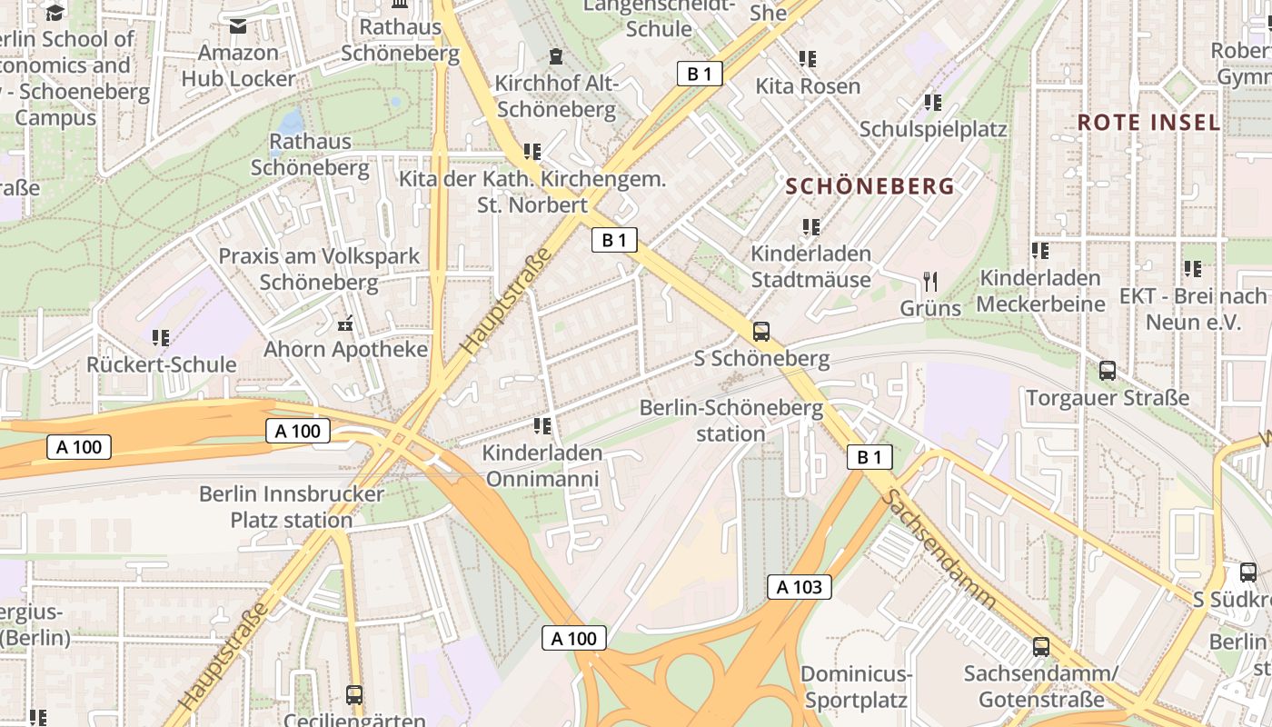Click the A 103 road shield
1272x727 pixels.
(x=800, y=587)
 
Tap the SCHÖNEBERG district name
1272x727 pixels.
(x=870, y=186)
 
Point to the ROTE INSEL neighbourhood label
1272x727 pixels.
(x=1148, y=123)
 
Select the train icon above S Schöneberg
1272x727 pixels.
(x=761, y=332)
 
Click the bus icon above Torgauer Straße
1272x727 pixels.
(x=1107, y=371)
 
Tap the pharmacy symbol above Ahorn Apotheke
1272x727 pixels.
(x=345, y=323)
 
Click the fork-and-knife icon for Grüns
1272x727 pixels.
(x=929, y=281)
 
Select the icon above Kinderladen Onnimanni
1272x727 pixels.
(x=542, y=425)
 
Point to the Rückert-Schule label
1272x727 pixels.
(x=161, y=364)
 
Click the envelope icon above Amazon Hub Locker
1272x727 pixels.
(x=238, y=26)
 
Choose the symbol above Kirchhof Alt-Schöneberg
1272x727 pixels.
(x=556, y=57)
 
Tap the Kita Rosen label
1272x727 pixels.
(x=808, y=86)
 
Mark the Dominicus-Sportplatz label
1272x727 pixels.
(x=856, y=687)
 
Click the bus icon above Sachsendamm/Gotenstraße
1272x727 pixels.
(x=1041, y=647)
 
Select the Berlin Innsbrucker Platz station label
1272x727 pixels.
(x=292, y=507)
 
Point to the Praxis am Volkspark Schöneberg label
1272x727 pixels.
(x=319, y=268)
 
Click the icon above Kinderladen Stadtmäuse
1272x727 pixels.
(x=810, y=226)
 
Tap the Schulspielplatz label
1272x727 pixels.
(x=933, y=129)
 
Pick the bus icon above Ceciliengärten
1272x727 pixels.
(x=354, y=695)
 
